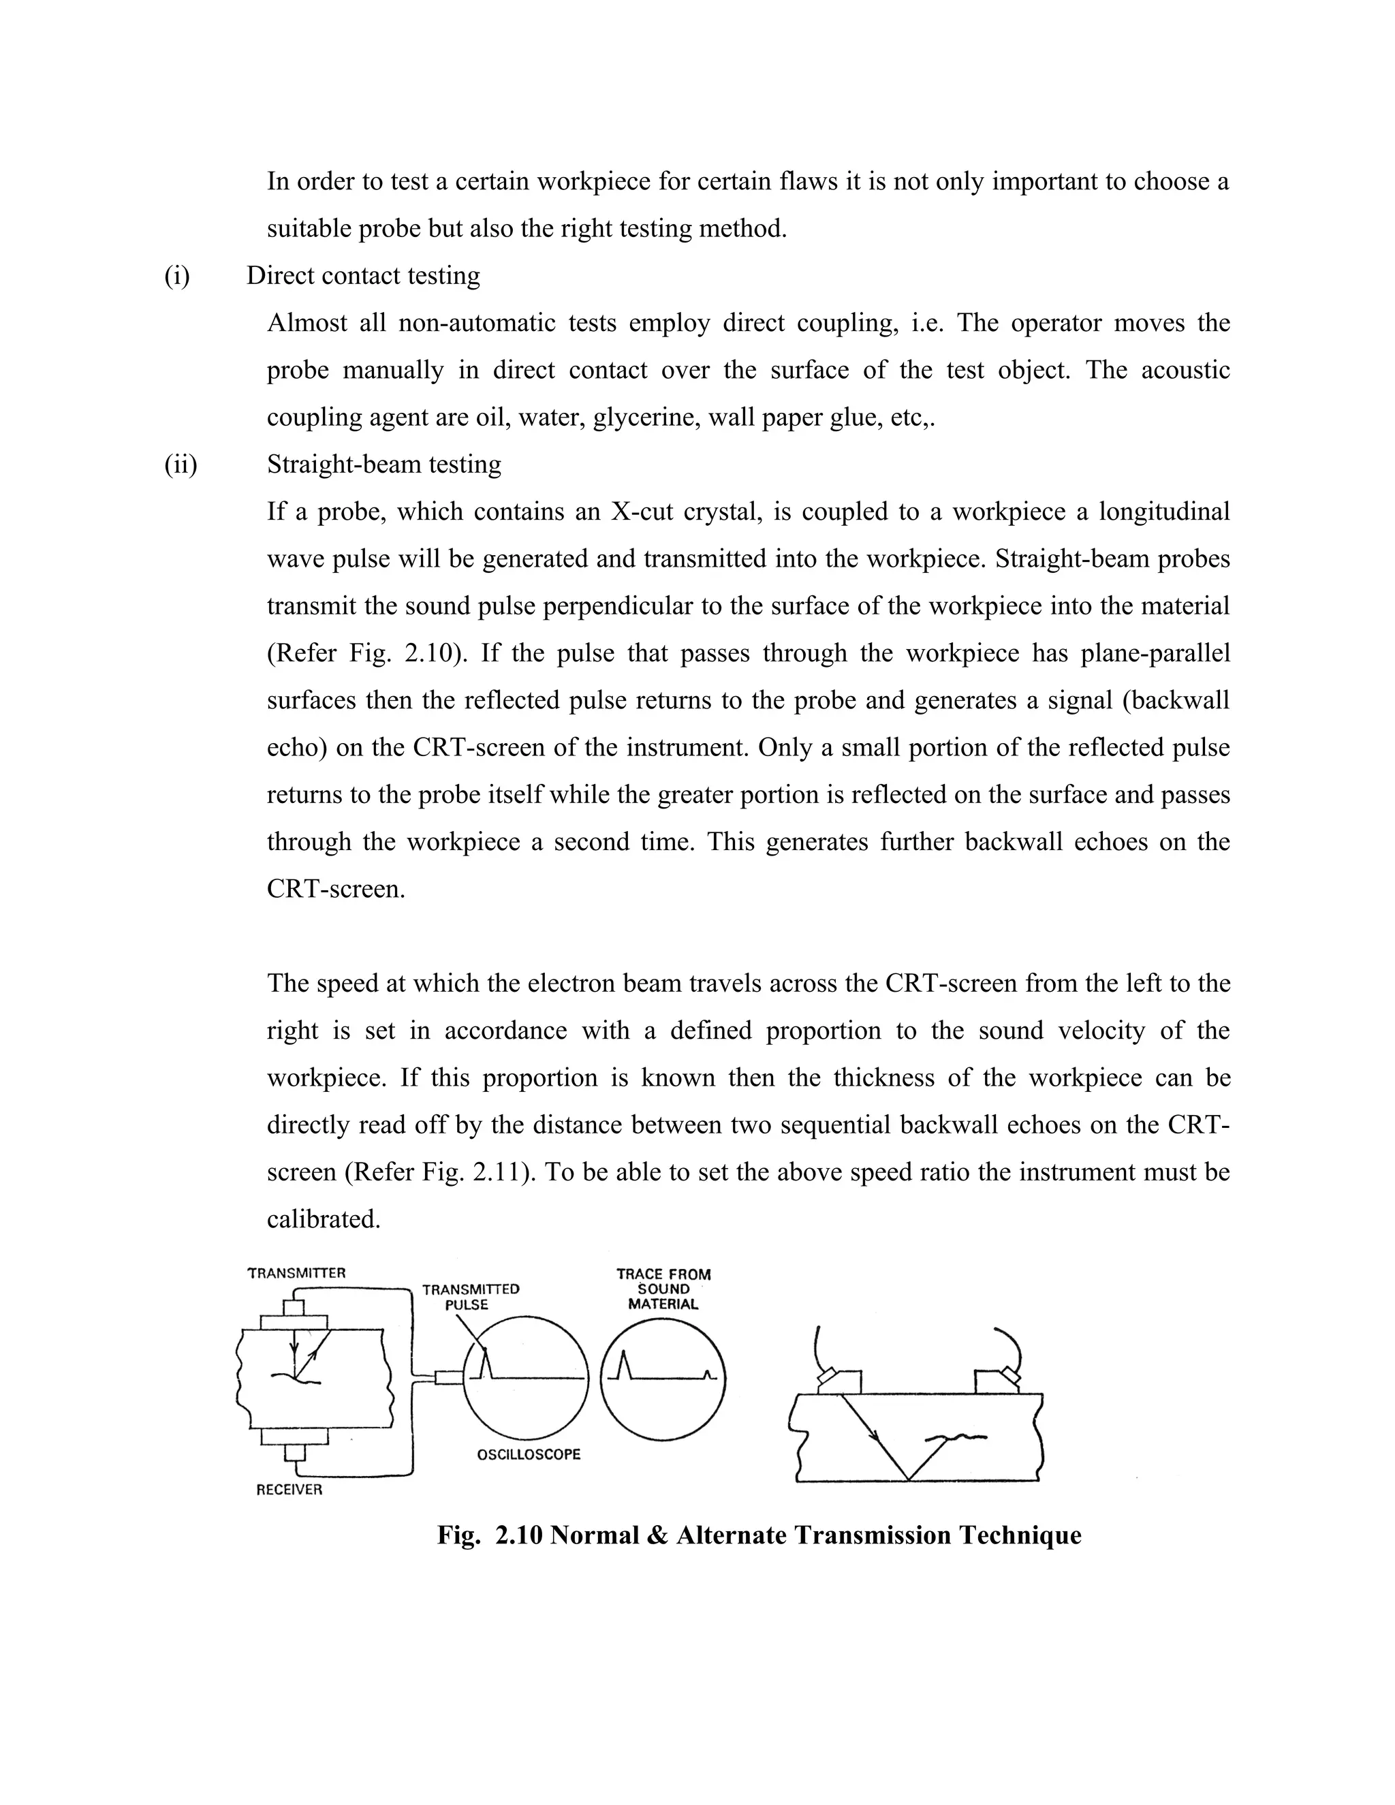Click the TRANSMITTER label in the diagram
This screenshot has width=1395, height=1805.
pos(297,1273)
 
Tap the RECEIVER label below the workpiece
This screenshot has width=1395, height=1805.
pos(289,1489)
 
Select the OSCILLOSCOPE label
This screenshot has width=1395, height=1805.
pos(529,1454)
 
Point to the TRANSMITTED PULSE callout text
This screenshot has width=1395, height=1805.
pos(470,1297)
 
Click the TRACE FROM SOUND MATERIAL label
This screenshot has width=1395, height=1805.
pos(663,1289)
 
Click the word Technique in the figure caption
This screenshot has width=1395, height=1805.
pos(1020,1535)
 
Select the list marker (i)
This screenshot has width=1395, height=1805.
pos(177,275)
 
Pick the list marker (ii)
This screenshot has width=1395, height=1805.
pos(180,465)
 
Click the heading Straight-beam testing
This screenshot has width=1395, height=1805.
pos(383,465)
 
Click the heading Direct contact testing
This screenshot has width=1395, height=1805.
pos(363,275)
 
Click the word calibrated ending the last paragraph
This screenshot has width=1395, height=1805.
pos(323,1219)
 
